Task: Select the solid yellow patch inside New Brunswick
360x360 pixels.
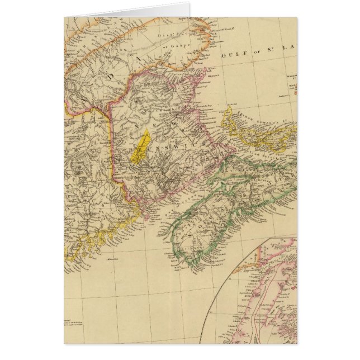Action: click(x=141, y=146)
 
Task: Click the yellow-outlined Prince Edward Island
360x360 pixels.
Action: click(x=263, y=134)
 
